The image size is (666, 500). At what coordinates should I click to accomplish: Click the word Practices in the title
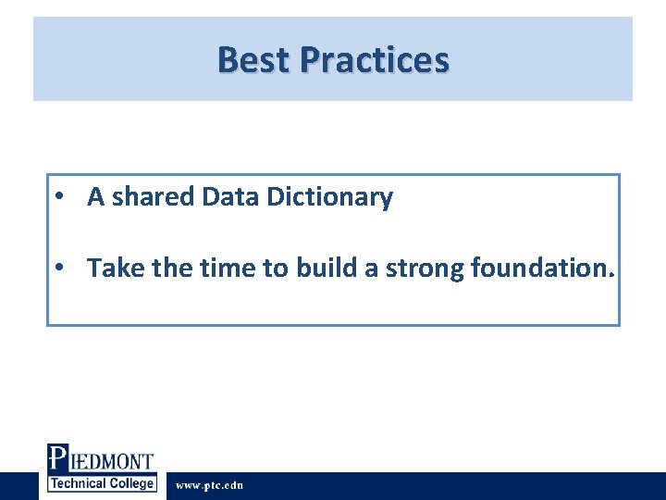[375, 60]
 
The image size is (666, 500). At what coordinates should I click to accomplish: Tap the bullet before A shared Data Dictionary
[58, 196]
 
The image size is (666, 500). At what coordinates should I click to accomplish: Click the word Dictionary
[329, 196]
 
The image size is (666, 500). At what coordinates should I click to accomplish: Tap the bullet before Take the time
[58, 268]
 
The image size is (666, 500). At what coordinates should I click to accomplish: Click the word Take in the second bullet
[110, 268]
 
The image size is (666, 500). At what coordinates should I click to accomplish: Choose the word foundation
[540, 268]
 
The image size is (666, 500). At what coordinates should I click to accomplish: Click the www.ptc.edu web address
[209, 485]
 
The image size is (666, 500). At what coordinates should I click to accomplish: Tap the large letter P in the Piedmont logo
[57, 459]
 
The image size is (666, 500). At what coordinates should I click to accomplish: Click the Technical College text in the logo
[102, 483]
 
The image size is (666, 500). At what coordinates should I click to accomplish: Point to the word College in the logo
[131, 483]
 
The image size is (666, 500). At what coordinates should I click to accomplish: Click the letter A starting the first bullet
[95, 196]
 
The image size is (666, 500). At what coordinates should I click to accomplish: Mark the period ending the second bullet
[611, 275]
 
